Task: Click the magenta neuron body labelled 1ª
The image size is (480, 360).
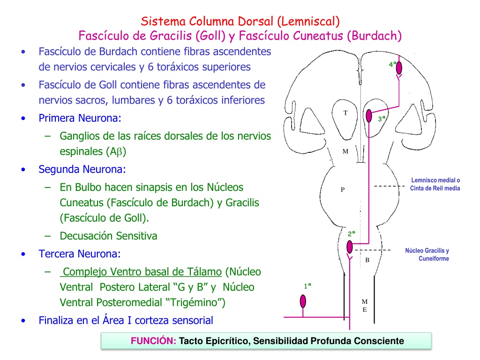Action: coord(303,301)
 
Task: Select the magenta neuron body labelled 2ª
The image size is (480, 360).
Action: coord(350,247)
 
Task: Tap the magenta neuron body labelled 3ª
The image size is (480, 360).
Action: coord(369,116)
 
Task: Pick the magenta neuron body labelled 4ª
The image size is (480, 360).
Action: coord(399,68)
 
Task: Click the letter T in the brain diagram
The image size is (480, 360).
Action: coord(345,113)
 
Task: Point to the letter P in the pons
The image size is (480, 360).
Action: coord(343,190)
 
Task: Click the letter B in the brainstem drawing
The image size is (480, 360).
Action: coord(367,260)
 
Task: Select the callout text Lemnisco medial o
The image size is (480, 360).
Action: coord(435,180)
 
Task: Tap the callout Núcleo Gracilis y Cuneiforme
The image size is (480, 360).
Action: coord(427,255)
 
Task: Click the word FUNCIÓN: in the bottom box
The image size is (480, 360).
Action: coord(153,341)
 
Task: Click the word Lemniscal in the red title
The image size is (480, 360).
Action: coord(308,22)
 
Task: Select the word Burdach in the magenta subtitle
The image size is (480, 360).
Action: coord(374,36)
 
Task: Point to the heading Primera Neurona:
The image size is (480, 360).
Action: coord(80,118)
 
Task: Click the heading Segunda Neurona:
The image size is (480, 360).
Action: coord(82,169)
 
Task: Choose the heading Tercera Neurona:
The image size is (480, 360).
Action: coord(80,254)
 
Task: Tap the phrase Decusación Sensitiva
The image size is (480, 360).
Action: coord(108,236)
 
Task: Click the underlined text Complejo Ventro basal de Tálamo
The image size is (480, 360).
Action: coord(141,272)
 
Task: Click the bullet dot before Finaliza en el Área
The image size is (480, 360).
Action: coord(23,321)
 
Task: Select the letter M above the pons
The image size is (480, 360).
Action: coord(345,151)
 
